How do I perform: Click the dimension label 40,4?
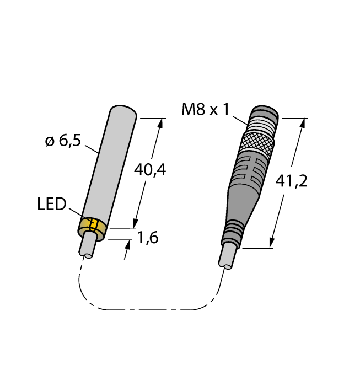tap(150, 170)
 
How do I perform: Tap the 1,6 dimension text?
tap(147, 238)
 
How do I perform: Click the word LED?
tap(51, 204)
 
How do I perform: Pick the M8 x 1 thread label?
tap(205, 110)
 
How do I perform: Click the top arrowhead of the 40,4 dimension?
tap(160, 124)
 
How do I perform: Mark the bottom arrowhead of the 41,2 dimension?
tap(272, 243)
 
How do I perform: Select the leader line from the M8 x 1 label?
tap(241, 118)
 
